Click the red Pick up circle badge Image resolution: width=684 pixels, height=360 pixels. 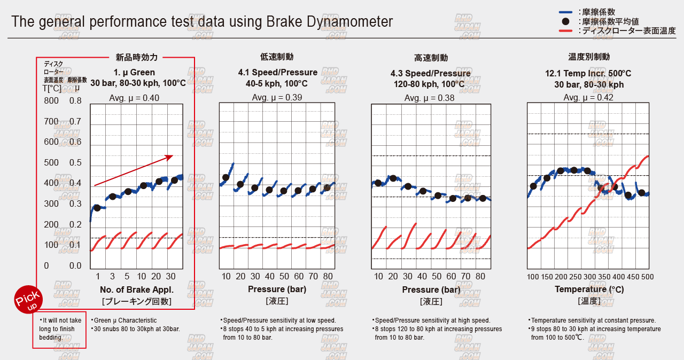tap(28, 301)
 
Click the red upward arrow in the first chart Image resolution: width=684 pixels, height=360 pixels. tap(134, 170)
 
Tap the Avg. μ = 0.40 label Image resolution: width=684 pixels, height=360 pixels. tap(134, 98)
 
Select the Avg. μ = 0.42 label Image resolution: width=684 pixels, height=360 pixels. tap(588, 97)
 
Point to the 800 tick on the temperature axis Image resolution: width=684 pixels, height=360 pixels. tap(51, 100)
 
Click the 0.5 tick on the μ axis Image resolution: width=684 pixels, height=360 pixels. tap(75, 163)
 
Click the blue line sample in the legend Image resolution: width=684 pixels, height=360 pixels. tap(566, 12)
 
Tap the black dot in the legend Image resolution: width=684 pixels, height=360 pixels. tap(566, 21)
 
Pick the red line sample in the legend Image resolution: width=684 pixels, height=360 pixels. tap(566, 31)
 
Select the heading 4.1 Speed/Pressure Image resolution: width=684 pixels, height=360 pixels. tap(278, 73)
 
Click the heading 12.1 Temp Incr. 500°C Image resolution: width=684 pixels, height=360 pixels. tap(588, 73)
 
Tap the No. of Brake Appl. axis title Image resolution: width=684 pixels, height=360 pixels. tap(136, 289)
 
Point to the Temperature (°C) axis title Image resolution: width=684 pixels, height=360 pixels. tap(589, 289)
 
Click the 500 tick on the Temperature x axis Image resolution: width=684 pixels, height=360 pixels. tap(647, 277)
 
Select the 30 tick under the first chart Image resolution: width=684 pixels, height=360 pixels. tap(170, 276)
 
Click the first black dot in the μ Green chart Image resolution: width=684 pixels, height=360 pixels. tap(97, 207)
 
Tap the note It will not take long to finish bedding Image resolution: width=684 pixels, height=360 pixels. tap(60, 328)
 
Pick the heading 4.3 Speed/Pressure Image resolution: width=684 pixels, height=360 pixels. tap(431, 73)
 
